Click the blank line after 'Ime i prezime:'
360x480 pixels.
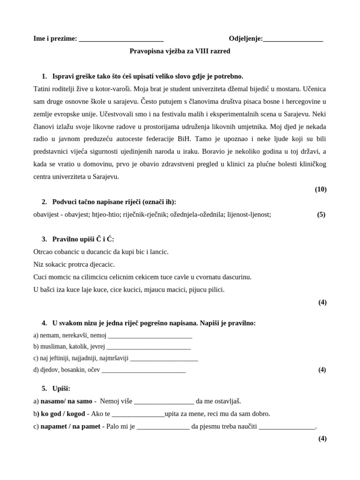point(121,39)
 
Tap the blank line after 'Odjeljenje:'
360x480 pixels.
point(293,39)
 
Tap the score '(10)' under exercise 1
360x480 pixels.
point(321,189)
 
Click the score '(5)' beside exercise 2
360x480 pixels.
point(321,214)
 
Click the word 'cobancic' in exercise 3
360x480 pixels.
point(69,252)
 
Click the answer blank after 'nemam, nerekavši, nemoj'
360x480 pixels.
point(150,336)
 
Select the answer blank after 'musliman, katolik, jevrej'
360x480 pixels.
point(149,347)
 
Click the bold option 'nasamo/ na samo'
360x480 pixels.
point(67,401)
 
